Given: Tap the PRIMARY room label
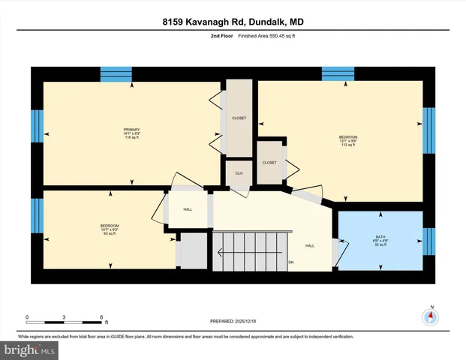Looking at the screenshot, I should click(131, 130).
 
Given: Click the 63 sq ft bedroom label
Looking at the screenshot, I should click(110, 227).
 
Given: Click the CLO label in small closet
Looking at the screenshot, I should click(239, 173).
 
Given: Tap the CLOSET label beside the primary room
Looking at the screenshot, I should click(239, 118).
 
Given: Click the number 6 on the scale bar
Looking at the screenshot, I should click(101, 316).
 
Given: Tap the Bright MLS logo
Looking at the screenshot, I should click(30, 349).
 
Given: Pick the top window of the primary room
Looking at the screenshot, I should click(116, 73).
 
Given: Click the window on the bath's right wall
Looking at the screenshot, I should click(428, 241).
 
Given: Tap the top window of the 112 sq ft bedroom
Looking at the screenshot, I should click(338, 73).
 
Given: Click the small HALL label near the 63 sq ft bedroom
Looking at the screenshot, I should click(188, 209).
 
